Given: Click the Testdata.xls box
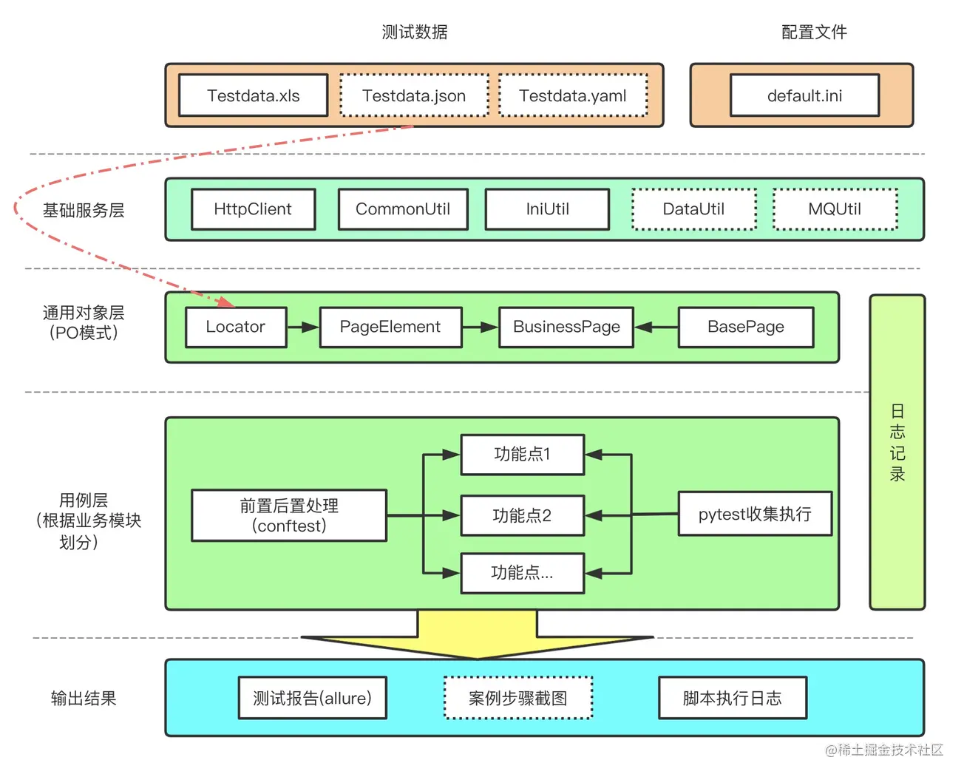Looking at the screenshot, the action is [254, 95].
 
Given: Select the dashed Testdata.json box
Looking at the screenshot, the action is [415, 95].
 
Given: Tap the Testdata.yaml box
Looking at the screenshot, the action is [574, 95].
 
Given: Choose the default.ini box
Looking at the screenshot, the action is [805, 95].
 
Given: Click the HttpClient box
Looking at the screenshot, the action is [254, 209].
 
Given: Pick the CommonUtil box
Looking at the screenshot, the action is [403, 209].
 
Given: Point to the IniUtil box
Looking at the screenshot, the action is [547, 209].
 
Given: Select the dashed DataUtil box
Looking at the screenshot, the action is [694, 209].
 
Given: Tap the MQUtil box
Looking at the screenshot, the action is [835, 209].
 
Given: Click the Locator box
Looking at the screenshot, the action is [236, 327].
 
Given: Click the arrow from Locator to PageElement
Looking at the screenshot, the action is [303, 328].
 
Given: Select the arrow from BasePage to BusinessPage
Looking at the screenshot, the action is [656, 328].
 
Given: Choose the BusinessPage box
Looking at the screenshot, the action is [567, 327].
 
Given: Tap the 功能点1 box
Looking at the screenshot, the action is [523, 455].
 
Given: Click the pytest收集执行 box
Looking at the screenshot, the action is [756, 514].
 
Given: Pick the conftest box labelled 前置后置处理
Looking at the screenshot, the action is [289, 516].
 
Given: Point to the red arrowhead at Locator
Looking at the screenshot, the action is [226, 302].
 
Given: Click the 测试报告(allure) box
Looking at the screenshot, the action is [313, 698].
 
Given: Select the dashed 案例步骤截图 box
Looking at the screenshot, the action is [518, 698].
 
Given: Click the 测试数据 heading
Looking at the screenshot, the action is [415, 33].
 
